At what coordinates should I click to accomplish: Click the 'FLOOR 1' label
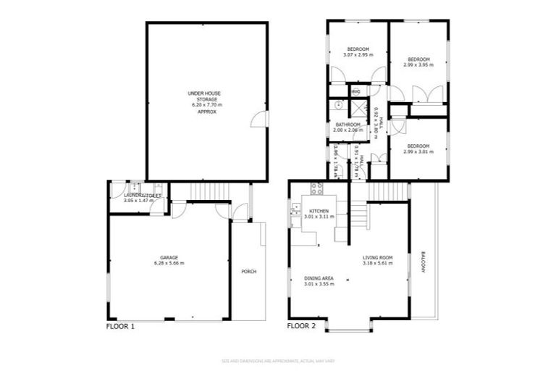[x=121, y=326]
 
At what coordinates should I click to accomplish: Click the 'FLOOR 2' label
[x=302, y=326]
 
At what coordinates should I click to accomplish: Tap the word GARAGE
[x=169, y=257]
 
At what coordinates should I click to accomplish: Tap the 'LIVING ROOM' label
[x=378, y=257]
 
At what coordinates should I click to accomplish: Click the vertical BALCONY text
[x=423, y=262]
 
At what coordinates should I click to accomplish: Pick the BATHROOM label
[x=348, y=125]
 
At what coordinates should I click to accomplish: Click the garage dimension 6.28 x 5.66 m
[x=169, y=263]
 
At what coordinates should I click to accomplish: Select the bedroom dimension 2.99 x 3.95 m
[x=418, y=64]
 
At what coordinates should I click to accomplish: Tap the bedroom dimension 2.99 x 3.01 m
[x=418, y=151]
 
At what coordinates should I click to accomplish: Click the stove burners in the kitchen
[x=316, y=190]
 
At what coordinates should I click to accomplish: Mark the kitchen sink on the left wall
[x=296, y=210]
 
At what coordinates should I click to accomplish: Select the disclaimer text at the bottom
[x=278, y=361]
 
